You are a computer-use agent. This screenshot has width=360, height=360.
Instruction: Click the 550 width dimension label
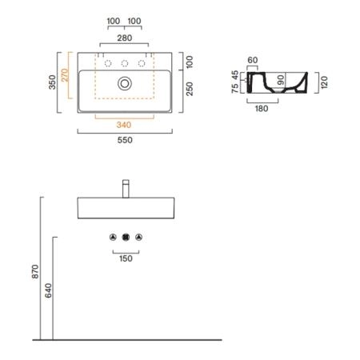(x=125, y=140)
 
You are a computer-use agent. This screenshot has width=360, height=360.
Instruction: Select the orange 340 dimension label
(x=124, y=125)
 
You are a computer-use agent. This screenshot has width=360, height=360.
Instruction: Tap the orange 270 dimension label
(x=65, y=75)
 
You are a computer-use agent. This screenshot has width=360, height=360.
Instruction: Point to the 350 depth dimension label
(x=53, y=82)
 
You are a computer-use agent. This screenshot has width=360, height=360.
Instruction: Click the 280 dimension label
(x=125, y=38)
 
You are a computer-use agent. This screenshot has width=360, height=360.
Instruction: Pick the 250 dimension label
(x=190, y=89)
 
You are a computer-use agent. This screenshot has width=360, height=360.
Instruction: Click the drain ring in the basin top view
(x=125, y=83)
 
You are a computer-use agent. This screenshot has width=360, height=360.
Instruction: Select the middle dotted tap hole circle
(x=125, y=63)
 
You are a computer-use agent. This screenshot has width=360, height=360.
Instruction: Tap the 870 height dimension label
(x=35, y=272)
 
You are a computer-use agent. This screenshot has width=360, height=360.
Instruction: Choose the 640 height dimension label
(x=48, y=290)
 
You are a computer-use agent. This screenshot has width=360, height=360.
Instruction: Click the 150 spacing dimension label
(x=126, y=258)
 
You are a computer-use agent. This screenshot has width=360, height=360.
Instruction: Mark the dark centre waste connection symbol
(x=126, y=237)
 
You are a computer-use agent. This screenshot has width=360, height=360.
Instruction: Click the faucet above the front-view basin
(x=126, y=189)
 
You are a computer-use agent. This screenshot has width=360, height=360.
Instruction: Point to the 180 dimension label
(x=262, y=109)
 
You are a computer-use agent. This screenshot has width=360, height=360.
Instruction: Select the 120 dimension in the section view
(x=324, y=82)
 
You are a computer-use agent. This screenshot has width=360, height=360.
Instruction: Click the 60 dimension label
(x=253, y=60)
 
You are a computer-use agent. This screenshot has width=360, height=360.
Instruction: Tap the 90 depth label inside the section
(x=281, y=80)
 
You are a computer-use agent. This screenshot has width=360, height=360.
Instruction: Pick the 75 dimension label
(x=235, y=88)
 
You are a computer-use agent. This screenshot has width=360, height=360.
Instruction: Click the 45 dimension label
(x=235, y=75)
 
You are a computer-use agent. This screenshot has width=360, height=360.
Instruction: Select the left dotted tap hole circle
(x=108, y=63)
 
